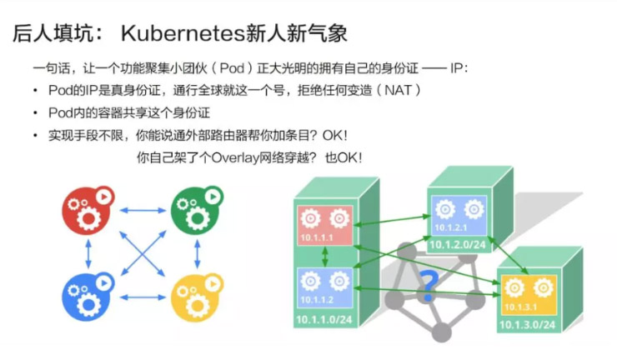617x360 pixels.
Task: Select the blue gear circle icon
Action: (86, 292)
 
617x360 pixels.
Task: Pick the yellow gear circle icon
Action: (195, 292)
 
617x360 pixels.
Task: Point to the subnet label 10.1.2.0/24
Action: (455, 244)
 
